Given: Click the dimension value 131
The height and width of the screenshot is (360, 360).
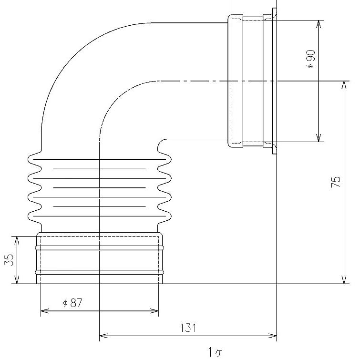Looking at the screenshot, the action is coord(188,328).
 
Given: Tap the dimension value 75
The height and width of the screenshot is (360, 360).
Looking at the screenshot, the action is coord(336,182).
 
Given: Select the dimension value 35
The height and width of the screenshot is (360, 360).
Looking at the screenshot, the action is coord(9,260).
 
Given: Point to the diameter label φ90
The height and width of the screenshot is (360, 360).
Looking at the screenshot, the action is coord(310,59).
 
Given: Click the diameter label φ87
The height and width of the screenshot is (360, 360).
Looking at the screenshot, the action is coord(72,303).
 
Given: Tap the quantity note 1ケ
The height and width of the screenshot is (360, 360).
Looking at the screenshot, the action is coord(215,352).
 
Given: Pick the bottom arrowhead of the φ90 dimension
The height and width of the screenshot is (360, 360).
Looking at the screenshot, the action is coord(319,137).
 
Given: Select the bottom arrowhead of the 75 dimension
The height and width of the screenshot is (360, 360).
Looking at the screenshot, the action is coord(344,279).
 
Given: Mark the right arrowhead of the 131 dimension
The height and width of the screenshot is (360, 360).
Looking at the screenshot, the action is coord(272,336).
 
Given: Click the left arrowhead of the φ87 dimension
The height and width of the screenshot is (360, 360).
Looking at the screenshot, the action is coord(45,311).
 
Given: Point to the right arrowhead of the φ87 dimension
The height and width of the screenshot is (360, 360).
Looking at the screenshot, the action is coord(154,311).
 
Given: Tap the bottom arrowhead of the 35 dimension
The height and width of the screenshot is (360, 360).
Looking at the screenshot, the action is coord(17,279).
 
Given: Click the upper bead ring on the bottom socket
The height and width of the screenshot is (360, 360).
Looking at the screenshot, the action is coord(99,248).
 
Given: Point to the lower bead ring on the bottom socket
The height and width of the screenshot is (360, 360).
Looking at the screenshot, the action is coord(99,272).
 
